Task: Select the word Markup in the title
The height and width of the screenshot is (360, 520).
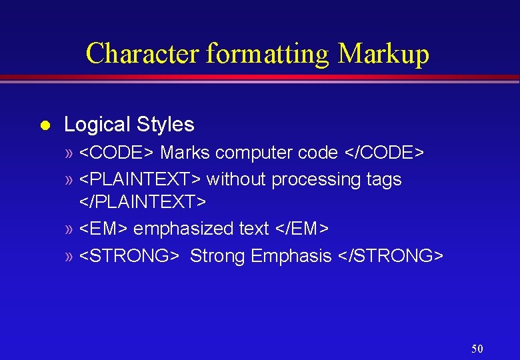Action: (384, 53)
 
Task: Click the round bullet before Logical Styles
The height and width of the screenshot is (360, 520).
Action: (44, 125)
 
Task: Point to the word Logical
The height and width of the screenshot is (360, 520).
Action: (97, 125)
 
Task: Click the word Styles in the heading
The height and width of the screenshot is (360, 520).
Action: (165, 125)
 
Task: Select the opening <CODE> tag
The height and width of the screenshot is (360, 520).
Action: (117, 153)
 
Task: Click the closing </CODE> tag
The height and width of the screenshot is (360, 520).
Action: (383, 153)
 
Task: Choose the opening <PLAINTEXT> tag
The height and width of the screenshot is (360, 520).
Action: (141, 179)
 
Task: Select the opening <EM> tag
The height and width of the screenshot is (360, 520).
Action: (104, 229)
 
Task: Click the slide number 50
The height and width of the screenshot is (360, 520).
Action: (477, 349)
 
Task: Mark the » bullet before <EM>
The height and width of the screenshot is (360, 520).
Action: (70, 229)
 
